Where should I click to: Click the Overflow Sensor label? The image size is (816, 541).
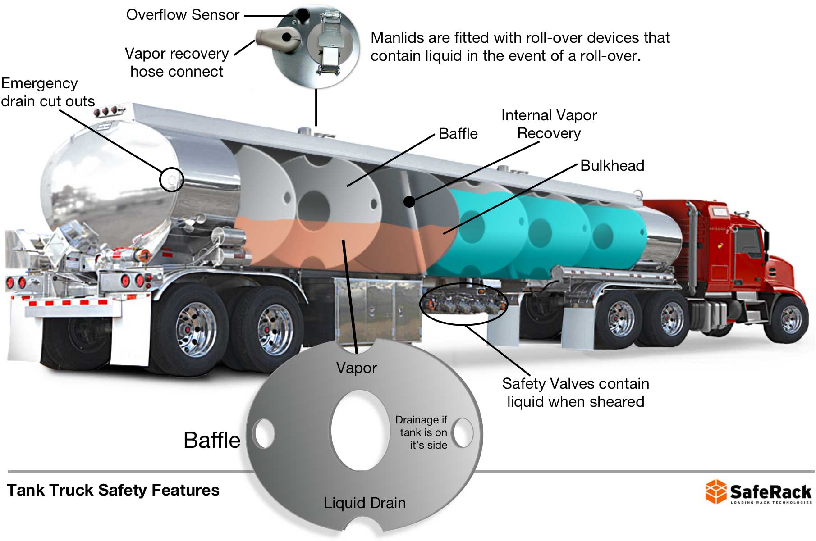[183, 15]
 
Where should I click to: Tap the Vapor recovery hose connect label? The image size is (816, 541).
[177, 62]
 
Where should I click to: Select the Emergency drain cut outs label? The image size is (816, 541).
[47, 92]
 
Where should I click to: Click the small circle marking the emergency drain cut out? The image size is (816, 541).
[172, 180]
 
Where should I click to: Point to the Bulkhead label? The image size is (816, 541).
[612, 166]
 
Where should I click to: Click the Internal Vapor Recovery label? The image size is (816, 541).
[549, 124]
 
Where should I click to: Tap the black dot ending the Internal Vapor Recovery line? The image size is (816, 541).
[409, 201]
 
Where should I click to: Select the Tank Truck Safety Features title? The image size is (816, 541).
[113, 490]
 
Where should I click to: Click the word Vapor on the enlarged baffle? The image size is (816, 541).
[356, 368]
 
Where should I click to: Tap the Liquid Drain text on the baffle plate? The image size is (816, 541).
[365, 503]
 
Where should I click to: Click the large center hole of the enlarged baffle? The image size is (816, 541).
[359, 431]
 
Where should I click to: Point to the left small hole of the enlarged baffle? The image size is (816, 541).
[264, 433]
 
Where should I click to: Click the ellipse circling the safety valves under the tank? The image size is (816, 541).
[463, 303]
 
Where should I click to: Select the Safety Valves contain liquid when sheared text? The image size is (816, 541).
[575, 392]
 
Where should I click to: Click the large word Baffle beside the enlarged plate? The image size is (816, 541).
[212, 440]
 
